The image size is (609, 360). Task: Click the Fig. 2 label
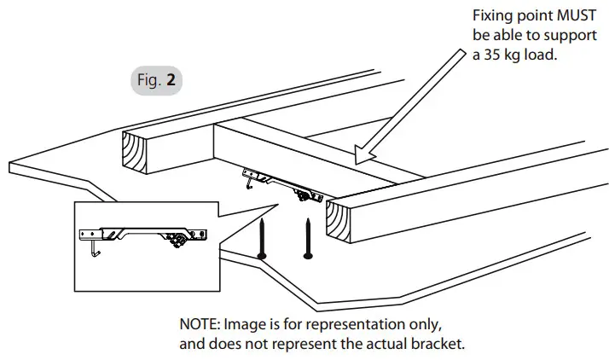[x=158, y=81]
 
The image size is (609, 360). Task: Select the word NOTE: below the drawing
[x=201, y=326]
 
